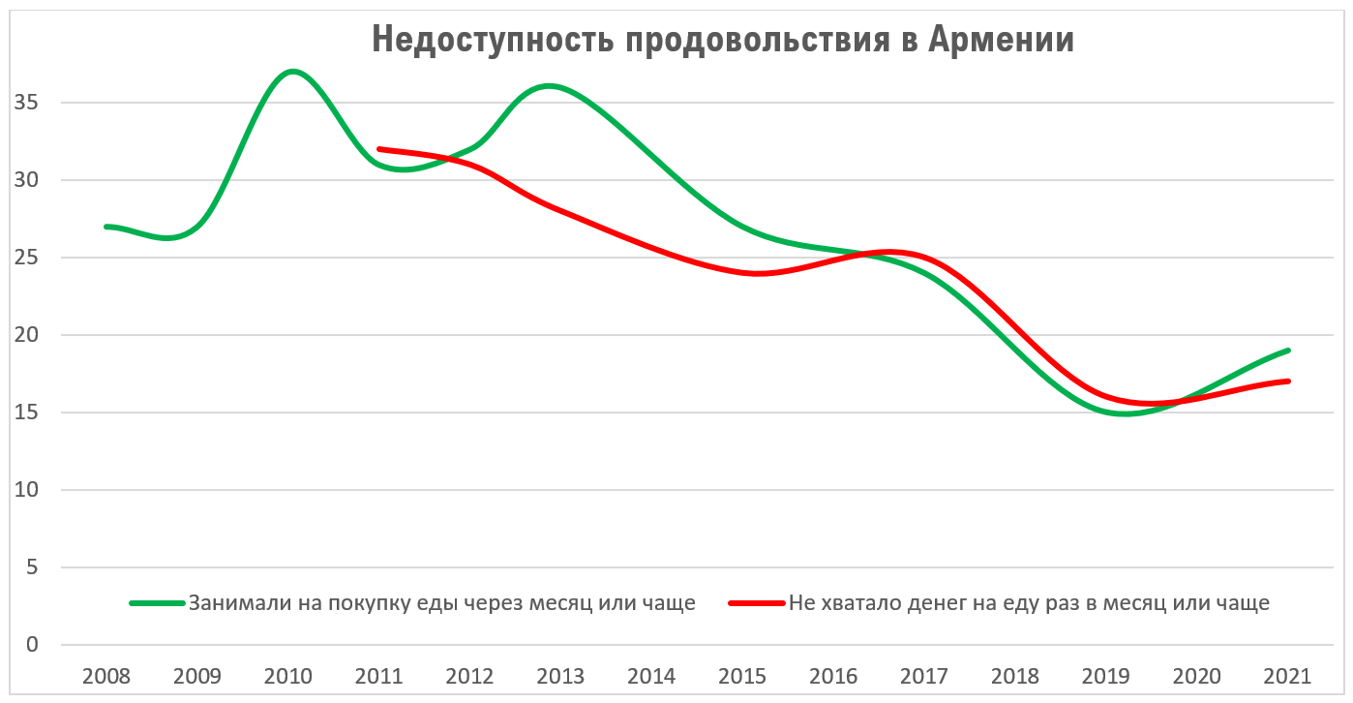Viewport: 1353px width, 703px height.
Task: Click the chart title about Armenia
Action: pos(723,41)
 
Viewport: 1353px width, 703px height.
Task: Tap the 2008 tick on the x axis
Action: pos(105,675)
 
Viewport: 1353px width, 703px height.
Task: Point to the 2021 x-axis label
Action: pos(1288,675)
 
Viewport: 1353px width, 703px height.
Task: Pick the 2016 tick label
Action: pos(834,675)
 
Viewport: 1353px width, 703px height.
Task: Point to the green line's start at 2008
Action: pos(106,227)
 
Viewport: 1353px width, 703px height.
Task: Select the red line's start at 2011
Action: pos(379,149)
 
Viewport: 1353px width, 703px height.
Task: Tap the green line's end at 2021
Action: pos(1288,351)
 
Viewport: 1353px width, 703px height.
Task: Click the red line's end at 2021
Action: pos(1288,382)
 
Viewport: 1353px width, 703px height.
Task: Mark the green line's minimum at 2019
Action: pos(1123,413)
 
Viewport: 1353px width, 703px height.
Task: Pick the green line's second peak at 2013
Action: pos(550,86)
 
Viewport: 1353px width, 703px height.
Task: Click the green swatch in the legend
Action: pos(157,603)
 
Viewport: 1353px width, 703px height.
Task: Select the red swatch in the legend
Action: pos(757,603)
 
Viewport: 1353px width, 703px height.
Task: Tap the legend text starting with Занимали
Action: pos(442,603)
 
